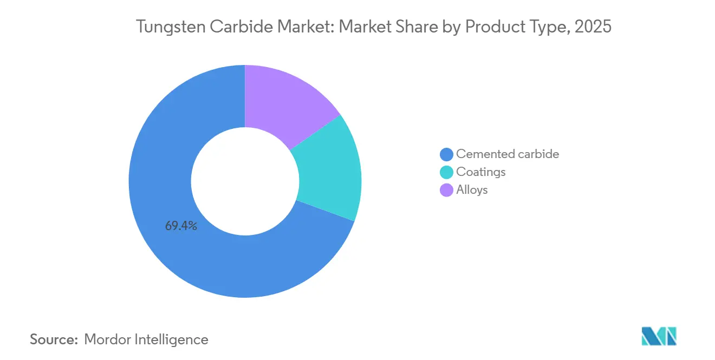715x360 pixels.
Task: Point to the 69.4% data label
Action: tap(181, 226)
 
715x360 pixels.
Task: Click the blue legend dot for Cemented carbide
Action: tap(447, 154)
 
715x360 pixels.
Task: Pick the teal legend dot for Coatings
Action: tap(447, 172)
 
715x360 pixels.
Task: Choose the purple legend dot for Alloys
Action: tap(447, 190)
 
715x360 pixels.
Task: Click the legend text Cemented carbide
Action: tap(508, 154)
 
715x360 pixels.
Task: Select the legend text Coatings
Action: tap(481, 172)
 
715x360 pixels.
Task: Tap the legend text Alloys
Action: tap(472, 189)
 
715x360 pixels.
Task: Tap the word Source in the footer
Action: tap(54, 339)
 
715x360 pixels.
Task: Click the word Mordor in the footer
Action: tap(109, 339)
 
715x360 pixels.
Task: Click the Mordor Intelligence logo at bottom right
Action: tap(659, 336)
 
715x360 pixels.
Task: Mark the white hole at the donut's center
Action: tap(245, 181)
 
